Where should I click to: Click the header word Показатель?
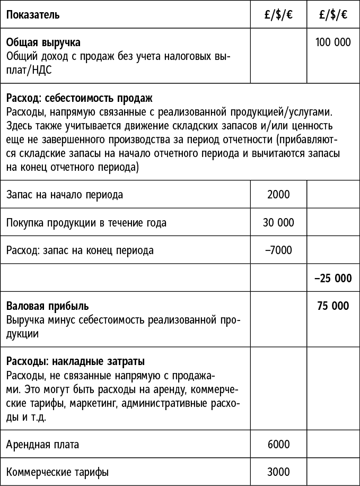point(33,15)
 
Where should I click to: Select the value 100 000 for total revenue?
point(333,42)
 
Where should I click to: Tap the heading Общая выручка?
point(43,42)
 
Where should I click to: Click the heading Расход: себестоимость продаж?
point(80,99)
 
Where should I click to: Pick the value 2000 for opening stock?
point(278,194)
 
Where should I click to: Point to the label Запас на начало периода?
point(65,195)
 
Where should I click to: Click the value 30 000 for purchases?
point(278,222)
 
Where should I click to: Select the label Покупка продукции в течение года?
point(86,223)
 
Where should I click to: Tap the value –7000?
point(278,250)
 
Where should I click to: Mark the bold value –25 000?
point(333,278)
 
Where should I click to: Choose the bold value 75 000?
point(333,306)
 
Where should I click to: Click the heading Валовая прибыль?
point(48,306)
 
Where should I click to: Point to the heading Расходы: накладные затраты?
point(75,362)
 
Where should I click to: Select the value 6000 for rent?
point(278,444)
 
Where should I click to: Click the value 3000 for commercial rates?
point(278,472)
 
